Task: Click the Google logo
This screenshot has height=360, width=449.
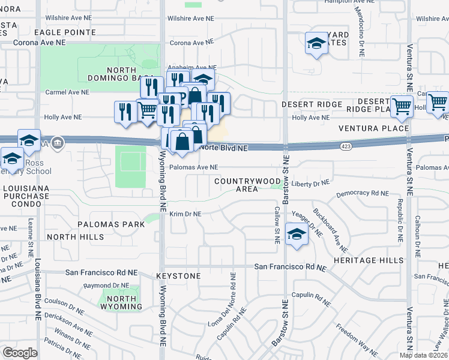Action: click(20, 352)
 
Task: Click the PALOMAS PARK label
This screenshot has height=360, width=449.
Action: click(111, 224)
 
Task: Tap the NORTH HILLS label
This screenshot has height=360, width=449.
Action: click(76, 237)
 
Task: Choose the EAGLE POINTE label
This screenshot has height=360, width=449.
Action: click(65, 32)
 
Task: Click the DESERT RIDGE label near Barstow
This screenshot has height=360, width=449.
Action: click(312, 104)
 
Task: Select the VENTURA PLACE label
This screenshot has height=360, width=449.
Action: click(373, 128)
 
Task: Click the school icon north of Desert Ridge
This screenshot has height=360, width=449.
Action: click(316, 44)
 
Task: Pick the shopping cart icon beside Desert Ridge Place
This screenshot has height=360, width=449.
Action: click(402, 107)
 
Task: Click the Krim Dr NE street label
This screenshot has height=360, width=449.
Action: click(185, 214)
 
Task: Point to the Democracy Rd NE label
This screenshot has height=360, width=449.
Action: click(363, 193)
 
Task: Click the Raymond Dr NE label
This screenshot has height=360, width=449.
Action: click(106, 286)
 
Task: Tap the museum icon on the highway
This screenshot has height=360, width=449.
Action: click(57, 143)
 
